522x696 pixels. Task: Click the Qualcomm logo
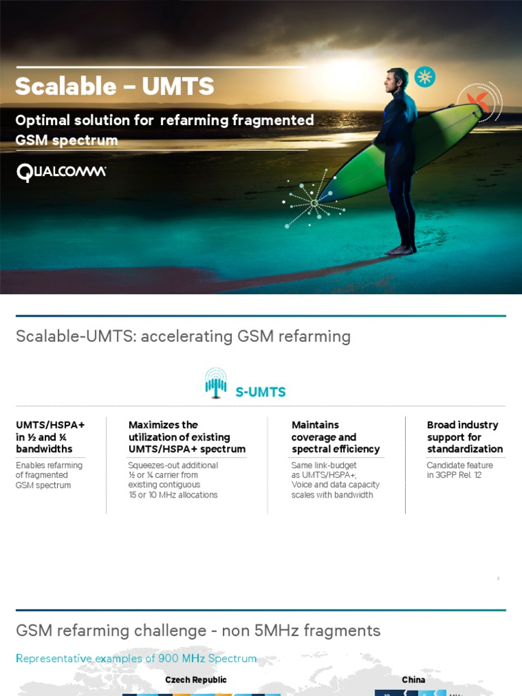pos(61,172)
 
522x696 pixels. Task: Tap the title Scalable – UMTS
pos(114,86)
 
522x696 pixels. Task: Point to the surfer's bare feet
pos(401,249)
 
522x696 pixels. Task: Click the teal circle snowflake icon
pos(425,76)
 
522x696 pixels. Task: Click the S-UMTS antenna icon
pos(215,383)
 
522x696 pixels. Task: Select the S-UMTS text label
pos(260,392)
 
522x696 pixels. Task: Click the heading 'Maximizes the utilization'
pos(187,437)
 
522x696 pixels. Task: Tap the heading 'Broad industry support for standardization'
pos(465,437)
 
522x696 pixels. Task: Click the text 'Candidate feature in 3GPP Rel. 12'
pos(459,470)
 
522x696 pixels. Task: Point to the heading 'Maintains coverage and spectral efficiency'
pos(335,437)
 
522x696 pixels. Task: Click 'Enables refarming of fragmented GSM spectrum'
pos(49,475)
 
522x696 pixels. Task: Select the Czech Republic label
pos(196,680)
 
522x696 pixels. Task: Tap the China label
pos(413,680)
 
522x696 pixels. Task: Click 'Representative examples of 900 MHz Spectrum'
pos(136,659)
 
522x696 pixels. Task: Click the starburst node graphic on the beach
pos(314,202)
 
